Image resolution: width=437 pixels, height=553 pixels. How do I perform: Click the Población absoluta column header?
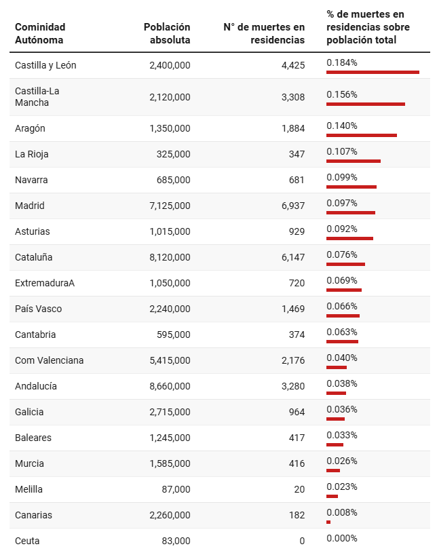coord(167,33)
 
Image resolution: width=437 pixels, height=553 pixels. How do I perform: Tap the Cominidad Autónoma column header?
coord(40,33)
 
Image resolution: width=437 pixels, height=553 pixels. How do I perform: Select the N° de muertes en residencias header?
coord(264,33)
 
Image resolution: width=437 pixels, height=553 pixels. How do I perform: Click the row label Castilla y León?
coord(45,65)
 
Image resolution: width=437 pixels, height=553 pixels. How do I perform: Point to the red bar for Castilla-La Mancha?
coord(366,104)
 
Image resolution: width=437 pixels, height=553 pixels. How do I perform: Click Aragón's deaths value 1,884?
coord(293,128)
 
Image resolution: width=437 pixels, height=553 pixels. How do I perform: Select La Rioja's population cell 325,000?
coord(174,154)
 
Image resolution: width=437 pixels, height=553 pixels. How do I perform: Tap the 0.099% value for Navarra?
coord(342,177)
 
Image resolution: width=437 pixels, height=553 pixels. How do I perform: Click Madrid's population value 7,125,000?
coord(170,206)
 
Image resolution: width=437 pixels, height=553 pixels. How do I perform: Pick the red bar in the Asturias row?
coord(349,238)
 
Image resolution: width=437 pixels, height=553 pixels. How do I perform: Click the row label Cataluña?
coord(33,257)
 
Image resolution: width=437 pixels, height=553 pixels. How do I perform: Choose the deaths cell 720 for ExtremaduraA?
coord(297,283)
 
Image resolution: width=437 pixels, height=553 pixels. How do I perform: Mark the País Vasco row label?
coord(38,309)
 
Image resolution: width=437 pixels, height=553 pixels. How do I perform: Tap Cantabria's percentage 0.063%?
coord(342,332)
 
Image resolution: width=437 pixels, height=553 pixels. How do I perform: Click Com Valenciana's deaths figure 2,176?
coord(293,360)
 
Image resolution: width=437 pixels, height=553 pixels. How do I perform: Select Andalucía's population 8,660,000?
coord(170,386)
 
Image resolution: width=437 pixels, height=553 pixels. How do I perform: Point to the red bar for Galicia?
coord(335,419)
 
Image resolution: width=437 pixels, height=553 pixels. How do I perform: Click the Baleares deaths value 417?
coord(297,438)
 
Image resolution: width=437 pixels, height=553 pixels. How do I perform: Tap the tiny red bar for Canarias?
coord(328,522)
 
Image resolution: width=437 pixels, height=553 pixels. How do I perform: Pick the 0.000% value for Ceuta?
coord(342,538)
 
